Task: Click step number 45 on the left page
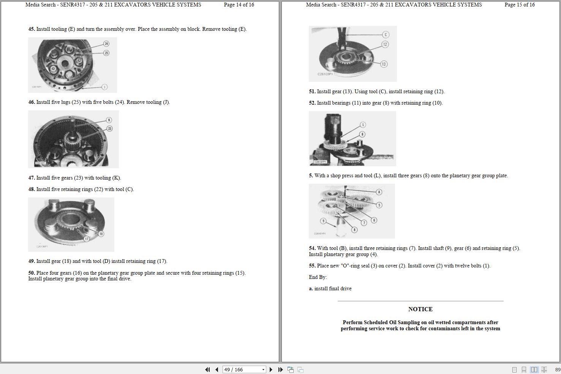tap(32, 29)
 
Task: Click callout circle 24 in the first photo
tap(106, 44)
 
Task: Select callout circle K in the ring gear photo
tap(109, 120)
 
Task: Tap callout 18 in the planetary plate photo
tap(101, 234)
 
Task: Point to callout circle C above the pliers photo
tap(386, 35)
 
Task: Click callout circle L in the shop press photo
tap(363, 125)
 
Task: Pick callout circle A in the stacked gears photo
tap(379, 192)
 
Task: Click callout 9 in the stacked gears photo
tap(323, 221)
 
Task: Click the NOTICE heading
tap(420, 309)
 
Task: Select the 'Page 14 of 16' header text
tap(239, 5)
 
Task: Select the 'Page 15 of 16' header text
tap(519, 5)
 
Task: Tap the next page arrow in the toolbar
tap(271, 369)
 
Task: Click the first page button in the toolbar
tap(207, 369)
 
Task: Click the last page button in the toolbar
tap(280, 369)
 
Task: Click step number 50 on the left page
tap(32, 273)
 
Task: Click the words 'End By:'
tap(318, 277)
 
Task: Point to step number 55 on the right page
tap(312, 266)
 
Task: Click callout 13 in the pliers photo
tap(384, 64)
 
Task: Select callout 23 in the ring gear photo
tap(109, 129)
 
